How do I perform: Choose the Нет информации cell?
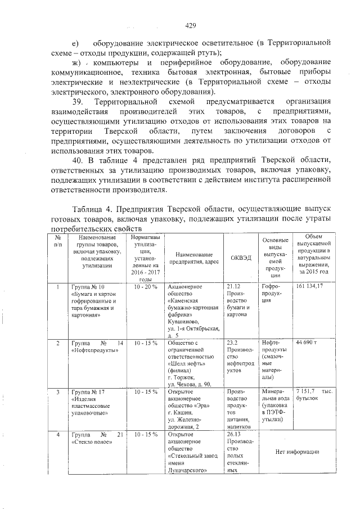[x=298, y=452]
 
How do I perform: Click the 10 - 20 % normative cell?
[x=146, y=287]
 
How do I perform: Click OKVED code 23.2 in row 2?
[x=231, y=342]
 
